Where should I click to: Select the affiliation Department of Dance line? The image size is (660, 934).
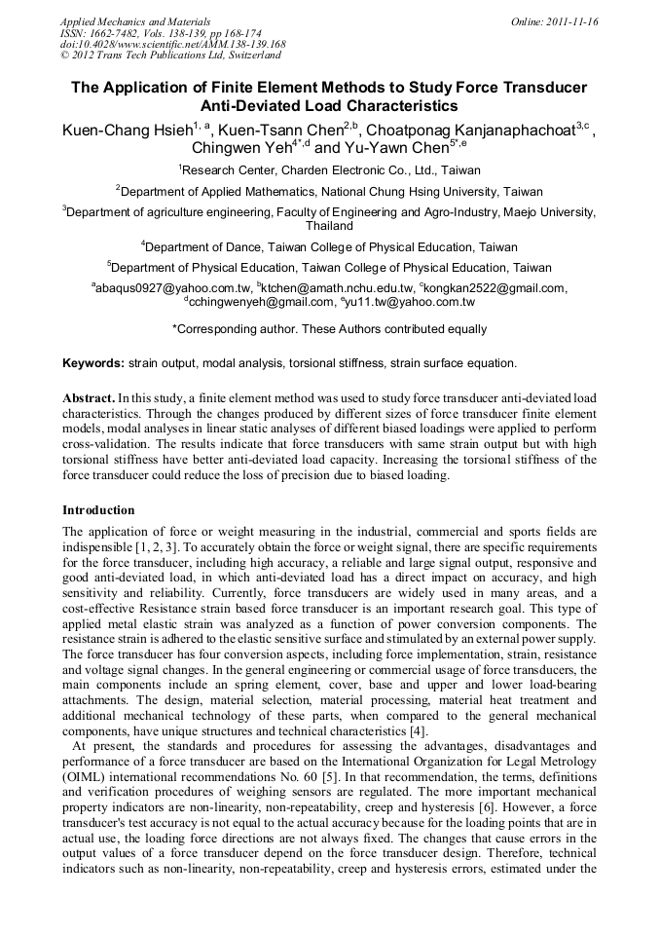click(329, 246)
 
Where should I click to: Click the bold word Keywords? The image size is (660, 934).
click(93, 363)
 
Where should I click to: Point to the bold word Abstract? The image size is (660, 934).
click(88, 399)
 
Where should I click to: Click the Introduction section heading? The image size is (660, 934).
click(98, 509)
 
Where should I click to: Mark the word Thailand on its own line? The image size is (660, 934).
click(329, 225)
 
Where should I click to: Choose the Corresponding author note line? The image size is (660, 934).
click(329, 329)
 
